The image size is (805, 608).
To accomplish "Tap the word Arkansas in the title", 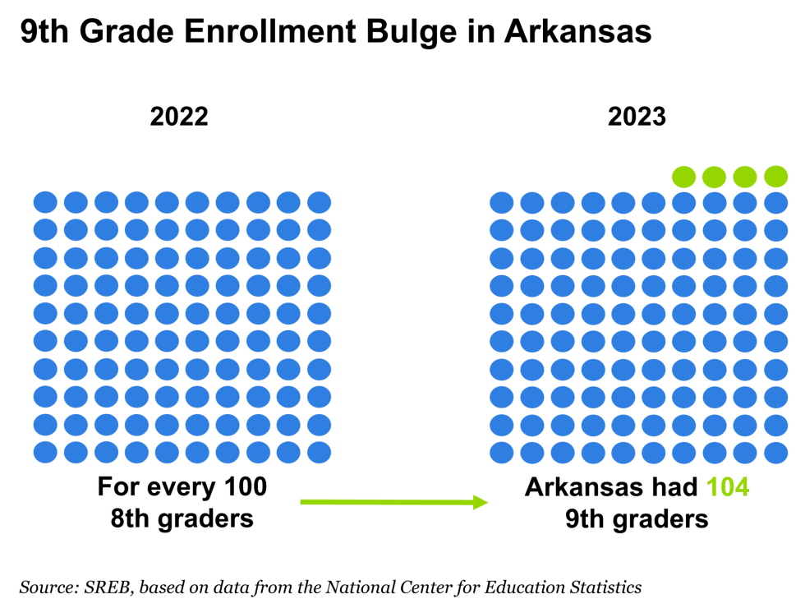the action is pyautogui.click(x=578, y=31).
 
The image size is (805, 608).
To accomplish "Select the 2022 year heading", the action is pyautogui.click(x=179, y=117).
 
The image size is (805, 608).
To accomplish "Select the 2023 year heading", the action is pyautogui.click(x=637, y=117).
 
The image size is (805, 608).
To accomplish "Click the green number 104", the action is pyautogui.click(x=728, y=486).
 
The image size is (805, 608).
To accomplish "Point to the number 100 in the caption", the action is pyautogui.click(x=246, y=486).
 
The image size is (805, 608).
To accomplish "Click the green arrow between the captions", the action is pyautogui.click(x=394, y=502).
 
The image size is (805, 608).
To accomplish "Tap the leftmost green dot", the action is pyautogui.click(x=683, y=177).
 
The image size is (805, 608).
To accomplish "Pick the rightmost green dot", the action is pyautogui.click(x=775, y=177).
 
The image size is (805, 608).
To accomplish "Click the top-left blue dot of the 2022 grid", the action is pyautogui.click(x=45, y=202).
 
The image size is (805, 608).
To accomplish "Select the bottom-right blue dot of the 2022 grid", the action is pyautogui.click(x=319, y=453).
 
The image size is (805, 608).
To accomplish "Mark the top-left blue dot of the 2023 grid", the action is pyautogui.click(x=502, y=203).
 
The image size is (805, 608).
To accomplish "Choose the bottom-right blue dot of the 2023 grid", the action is pyautogui.click(x=775, y=453).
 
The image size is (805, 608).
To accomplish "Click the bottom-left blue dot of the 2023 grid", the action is pyautogui.click(x=502, y=453).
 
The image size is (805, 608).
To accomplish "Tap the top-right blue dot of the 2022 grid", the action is pyautogui.click(x=319, y=202).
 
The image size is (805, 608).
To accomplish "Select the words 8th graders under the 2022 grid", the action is pyautogui.click(x=182, y=518).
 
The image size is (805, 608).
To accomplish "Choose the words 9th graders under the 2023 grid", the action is pyautogui.click(x=637, y=518).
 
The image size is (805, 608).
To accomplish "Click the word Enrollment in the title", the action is pyautogui.click(x=269, y=31).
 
